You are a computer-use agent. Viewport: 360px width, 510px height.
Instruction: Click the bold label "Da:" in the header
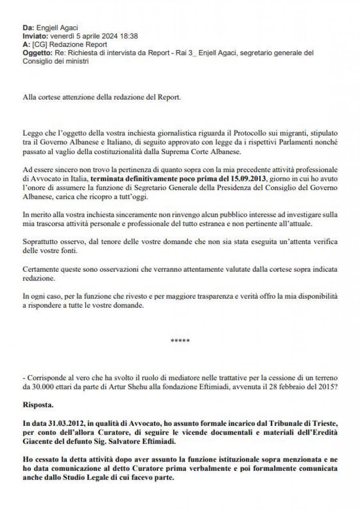(x=28, y=28)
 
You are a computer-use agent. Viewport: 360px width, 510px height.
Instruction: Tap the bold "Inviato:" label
(x=35, y=36)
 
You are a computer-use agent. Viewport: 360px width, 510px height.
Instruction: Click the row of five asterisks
(x=180, y=341)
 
